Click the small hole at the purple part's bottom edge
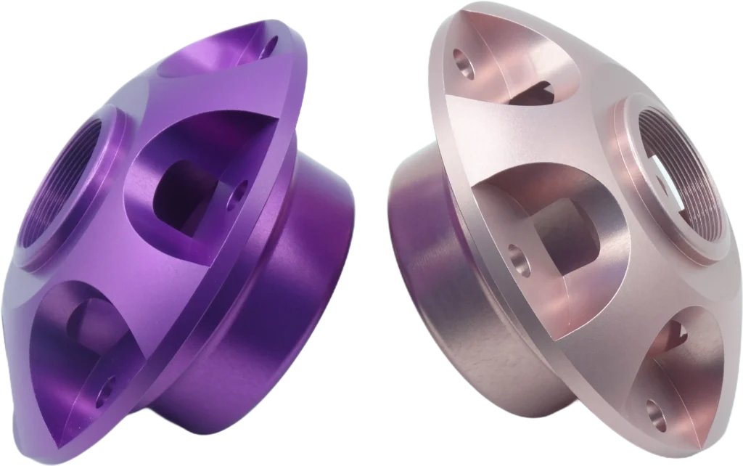(x=110, y=384)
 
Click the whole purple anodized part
(x=181, y=240)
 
